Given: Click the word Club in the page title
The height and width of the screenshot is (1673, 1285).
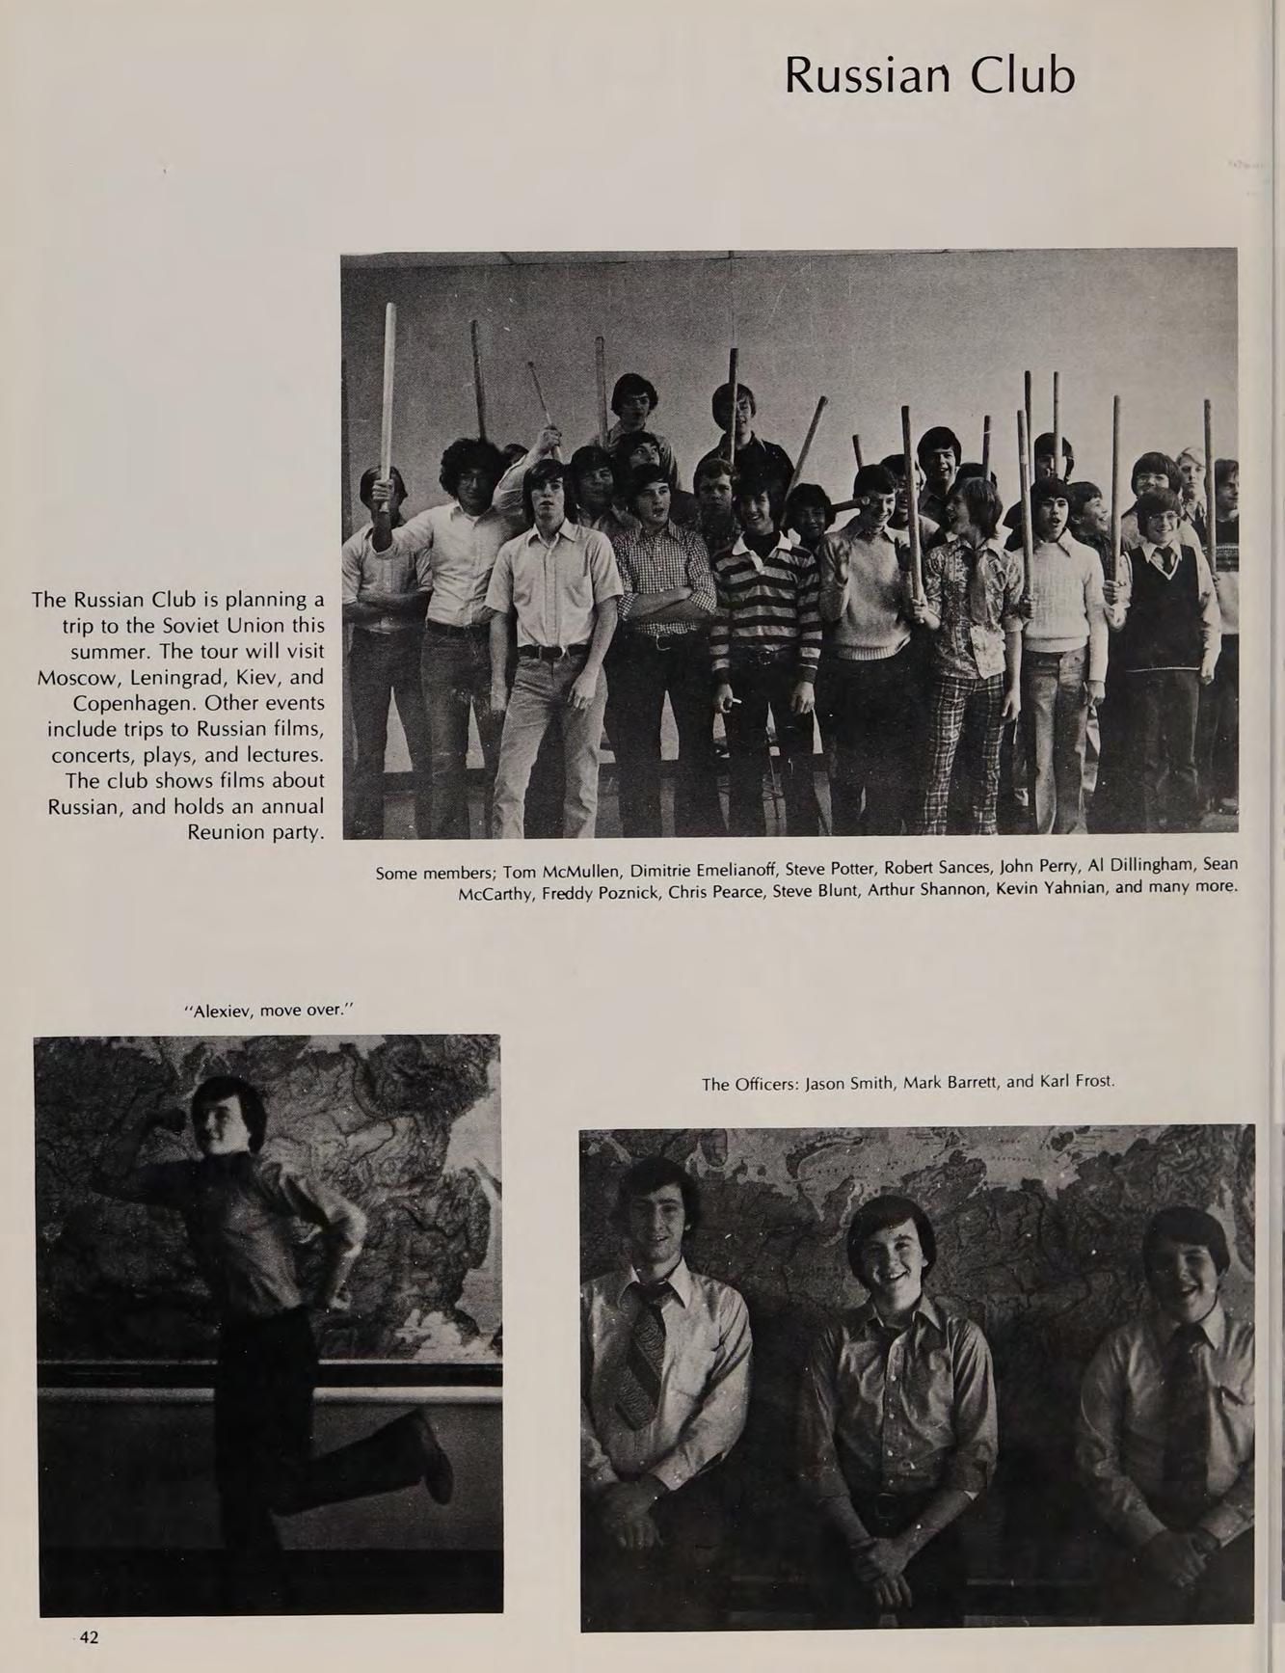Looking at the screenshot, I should click(x=1022, y=75).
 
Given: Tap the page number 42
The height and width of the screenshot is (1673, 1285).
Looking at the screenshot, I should click(x=89, y=1636).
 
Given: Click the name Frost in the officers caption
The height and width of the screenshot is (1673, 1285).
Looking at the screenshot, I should click(x=1092, y=1081).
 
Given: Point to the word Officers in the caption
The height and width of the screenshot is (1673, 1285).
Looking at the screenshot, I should click(x=765, y=1084).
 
